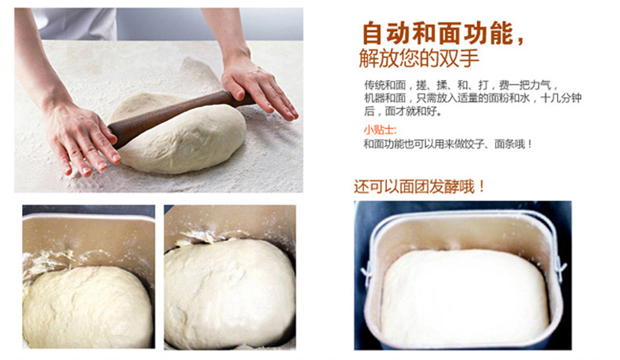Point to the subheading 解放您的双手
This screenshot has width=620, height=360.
click(x=419, y=59)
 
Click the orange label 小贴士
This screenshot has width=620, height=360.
click(x=380, y=129)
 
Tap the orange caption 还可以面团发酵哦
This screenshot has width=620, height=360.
click(x=419, y=186)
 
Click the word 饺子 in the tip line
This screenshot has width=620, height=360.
click(x=474, y=144)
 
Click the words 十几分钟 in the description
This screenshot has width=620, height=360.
click(x=560, y=98)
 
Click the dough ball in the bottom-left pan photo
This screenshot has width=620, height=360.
click(x=88, y=307)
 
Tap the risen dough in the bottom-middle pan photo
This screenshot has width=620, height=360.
click(x=229, y=293)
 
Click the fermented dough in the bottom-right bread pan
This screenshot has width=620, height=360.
click(x=465, y=296)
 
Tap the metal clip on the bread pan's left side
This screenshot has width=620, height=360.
click(x=366, y=271)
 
